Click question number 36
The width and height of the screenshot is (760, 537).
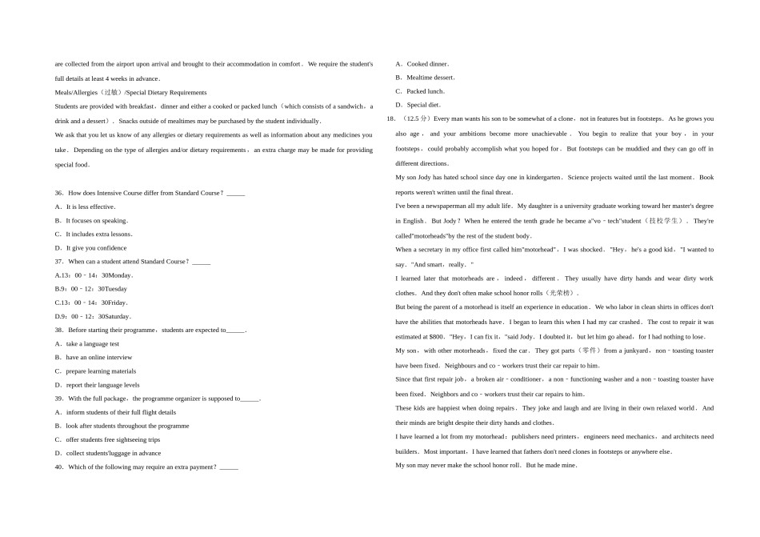59,193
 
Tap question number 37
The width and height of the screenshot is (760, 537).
59,261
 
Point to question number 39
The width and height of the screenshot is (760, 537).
59,398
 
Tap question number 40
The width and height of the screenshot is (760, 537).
59,467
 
